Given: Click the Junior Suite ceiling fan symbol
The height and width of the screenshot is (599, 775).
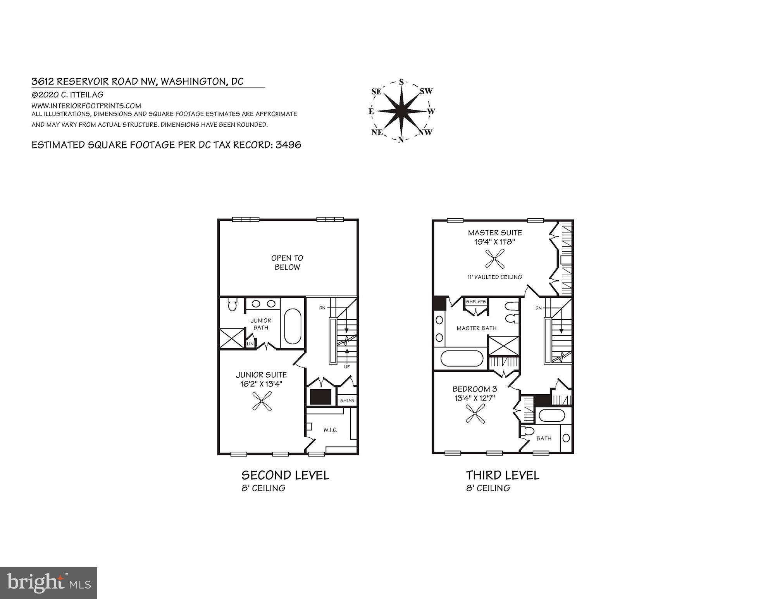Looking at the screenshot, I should pos(262,401).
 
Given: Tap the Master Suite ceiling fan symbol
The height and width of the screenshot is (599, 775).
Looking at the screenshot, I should pos(495,259).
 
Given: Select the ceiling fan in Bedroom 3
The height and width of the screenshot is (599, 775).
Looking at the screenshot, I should pos(475,414).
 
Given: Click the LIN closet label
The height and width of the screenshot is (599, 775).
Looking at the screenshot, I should pos(250,344).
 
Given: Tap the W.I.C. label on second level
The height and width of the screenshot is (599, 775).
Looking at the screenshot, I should pos(330,430).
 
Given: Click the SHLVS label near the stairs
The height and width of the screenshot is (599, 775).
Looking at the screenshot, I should pos(347,400).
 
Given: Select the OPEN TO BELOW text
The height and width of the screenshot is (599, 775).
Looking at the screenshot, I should pos(287,262).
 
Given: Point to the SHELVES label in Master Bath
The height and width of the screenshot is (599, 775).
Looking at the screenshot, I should pos(476,302).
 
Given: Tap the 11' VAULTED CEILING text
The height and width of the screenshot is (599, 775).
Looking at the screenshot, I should pos(495,277).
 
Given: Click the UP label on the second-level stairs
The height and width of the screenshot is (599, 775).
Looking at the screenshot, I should pos(347,366).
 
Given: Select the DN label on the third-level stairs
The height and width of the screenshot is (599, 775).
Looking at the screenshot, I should pos(538,308).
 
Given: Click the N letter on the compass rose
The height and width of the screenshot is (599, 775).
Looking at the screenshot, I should pos(401,140).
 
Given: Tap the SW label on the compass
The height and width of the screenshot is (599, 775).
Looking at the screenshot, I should pos(426,91).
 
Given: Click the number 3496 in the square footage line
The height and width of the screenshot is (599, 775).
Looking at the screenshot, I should pos(288,145).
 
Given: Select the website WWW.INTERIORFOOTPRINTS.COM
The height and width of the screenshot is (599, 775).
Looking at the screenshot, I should pos(86,106).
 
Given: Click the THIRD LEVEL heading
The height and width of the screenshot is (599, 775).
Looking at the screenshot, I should pos(502,475).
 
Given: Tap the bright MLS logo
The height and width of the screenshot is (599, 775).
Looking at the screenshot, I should pos(48,583).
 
